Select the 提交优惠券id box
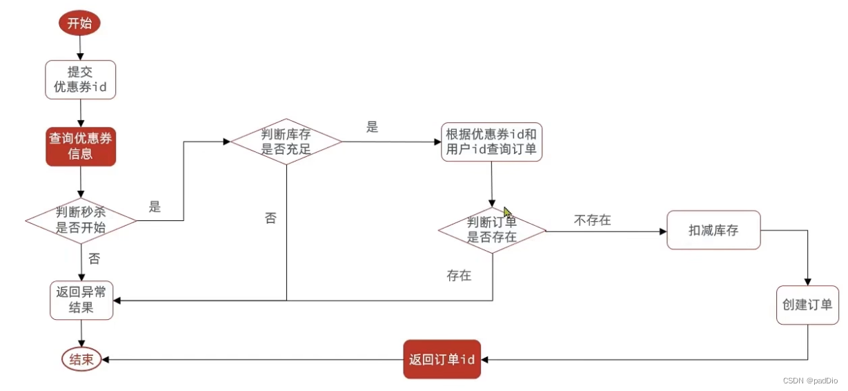(x=81, y=79)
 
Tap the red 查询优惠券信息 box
(x=81, y=146)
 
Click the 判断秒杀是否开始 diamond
(x=81, y=220)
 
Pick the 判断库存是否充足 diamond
(x=286, y=142)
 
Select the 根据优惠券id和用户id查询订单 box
(x=491, y=142)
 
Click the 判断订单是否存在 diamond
(x=492, y=230)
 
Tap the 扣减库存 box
(x=713, y=230)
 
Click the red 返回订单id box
(x=442, y=359)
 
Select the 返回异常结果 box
(x=81, y=300)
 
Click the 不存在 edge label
(x=592, y=220)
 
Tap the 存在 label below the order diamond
(x=459, y=276)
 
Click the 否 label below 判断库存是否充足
(x=270, y=218)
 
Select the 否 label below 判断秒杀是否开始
(x=95, y=259)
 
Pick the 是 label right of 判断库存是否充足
(x=373, y=127)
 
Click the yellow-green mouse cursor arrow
(x=508, y=213)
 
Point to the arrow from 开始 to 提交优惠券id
(x=81, y=47)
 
